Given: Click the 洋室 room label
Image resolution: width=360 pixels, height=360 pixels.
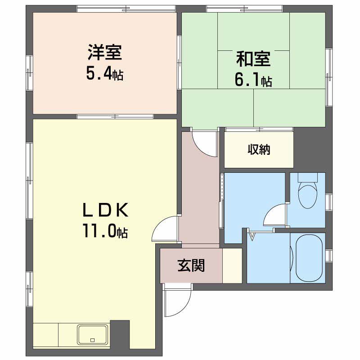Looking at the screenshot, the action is [x=105, y=53].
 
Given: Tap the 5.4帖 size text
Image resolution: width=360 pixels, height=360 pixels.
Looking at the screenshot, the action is [x=105, y=73].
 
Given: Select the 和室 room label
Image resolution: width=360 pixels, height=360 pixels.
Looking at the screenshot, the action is [x=253, y=59].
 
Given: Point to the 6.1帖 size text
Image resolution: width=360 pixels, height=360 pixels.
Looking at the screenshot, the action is [x=253, y=80].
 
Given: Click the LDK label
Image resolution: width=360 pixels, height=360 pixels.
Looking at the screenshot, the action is [x=105, y=210].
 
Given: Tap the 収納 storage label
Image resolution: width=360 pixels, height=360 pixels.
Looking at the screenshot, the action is [x=259, y=150].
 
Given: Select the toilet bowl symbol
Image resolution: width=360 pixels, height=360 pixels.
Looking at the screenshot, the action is [x=308, y=195].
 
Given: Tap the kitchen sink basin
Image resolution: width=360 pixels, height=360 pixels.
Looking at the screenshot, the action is [x=93, y=334].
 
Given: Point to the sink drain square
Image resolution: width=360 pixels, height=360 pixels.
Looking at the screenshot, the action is [x=93, y=340].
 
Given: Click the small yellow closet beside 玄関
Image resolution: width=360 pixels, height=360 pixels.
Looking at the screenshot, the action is [x=232, y=265].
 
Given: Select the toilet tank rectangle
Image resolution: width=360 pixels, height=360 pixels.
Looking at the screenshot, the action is [x=308, y=177].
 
